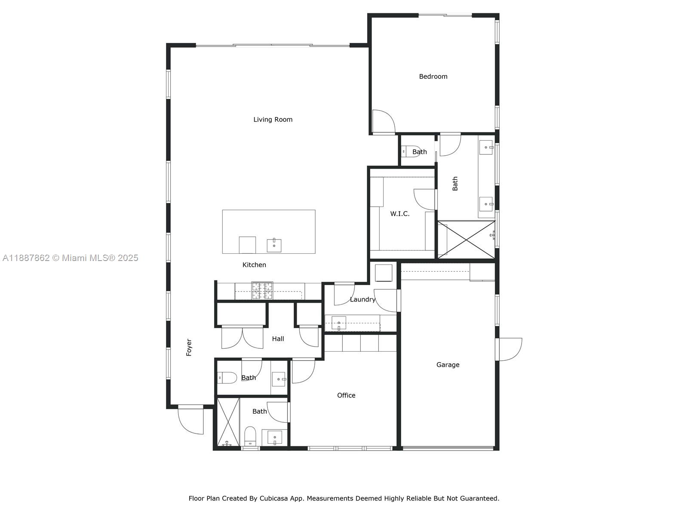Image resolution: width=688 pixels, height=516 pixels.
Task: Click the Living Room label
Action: [273, 120]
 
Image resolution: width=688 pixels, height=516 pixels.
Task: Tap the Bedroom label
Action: [433, 77]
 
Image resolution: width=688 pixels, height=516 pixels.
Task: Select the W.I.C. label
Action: [399, 214]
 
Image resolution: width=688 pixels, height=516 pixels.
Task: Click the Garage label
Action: [448, 365]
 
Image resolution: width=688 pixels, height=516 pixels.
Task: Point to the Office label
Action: [346, 395]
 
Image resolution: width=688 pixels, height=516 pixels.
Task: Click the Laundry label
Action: [362, 299]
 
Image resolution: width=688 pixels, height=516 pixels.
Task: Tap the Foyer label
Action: [189, 347]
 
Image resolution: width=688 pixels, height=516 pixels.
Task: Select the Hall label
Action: [278, 339]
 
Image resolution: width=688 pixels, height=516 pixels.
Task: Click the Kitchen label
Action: [254, 265]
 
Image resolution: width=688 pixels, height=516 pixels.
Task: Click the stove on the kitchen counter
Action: [262, 290]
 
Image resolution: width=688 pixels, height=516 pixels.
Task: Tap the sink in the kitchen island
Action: [274, 245]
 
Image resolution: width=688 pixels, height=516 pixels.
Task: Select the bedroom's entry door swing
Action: [383, 122]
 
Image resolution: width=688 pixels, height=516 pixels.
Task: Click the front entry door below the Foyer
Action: [191, 420]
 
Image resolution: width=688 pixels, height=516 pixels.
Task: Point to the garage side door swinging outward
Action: [510, 349]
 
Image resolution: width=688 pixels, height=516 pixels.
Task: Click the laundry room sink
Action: [339, 322]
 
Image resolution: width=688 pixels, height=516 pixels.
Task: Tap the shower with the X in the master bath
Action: [467, 240]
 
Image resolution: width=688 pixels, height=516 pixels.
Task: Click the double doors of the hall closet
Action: [242, 338]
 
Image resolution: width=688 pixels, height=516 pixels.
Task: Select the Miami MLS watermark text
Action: [71, 258]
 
